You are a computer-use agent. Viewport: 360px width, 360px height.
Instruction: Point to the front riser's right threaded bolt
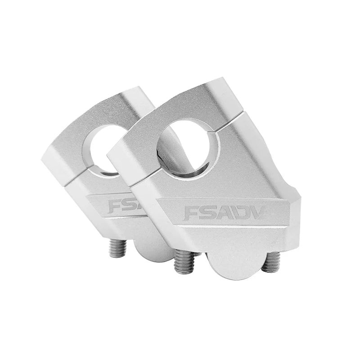[x=271, y=262]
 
